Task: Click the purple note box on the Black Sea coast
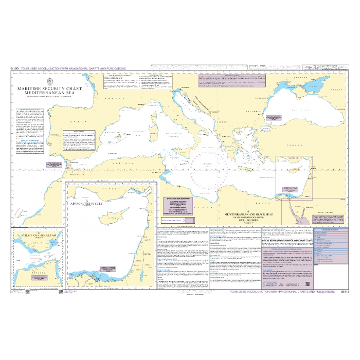[x=273, y=117]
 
